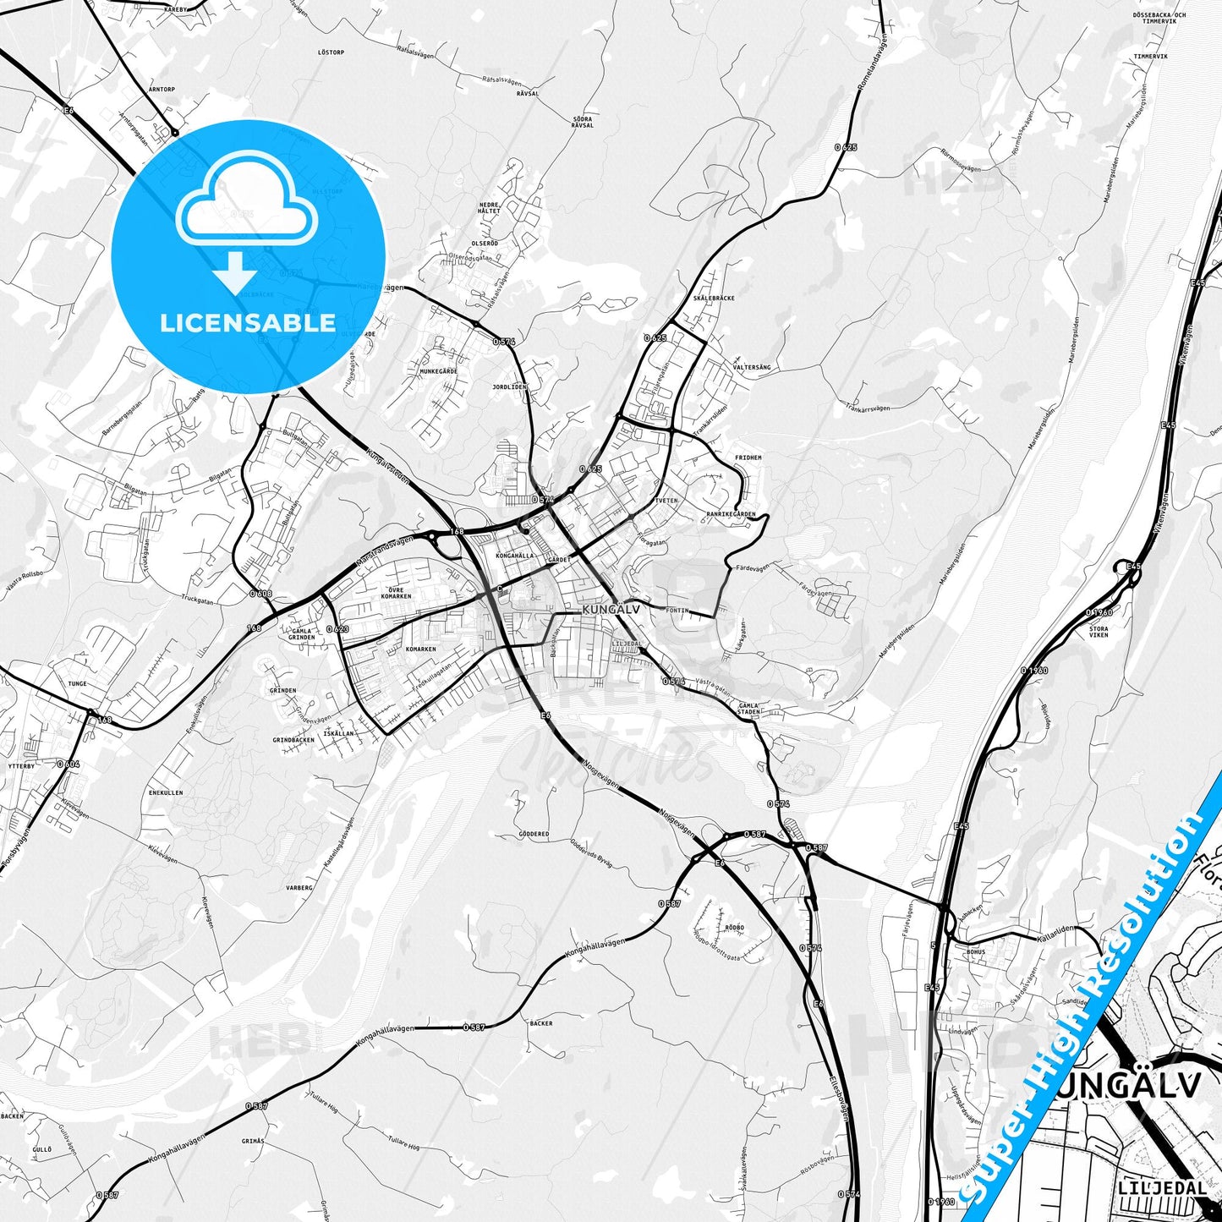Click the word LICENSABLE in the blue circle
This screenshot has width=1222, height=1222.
(x=248, y=323)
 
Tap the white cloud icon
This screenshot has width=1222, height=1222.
(x=246, y=210)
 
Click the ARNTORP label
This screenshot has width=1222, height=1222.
(x=162, y=89)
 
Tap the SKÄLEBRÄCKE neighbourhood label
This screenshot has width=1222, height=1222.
(x=713, y=299)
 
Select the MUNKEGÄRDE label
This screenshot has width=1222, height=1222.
(x=438, y=371)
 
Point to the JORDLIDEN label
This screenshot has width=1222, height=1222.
(x=509, y=386)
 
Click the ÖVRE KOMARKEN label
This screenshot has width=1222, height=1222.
(x=396, y=592)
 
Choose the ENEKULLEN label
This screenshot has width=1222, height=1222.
(x=166, y=793)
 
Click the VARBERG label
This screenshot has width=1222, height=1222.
(x=299, y=888)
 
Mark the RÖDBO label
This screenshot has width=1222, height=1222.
(x=734, y=927)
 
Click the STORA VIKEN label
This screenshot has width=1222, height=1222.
(x=1099, y=631)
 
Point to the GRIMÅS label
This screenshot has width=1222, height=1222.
(x=253, y=1141)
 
